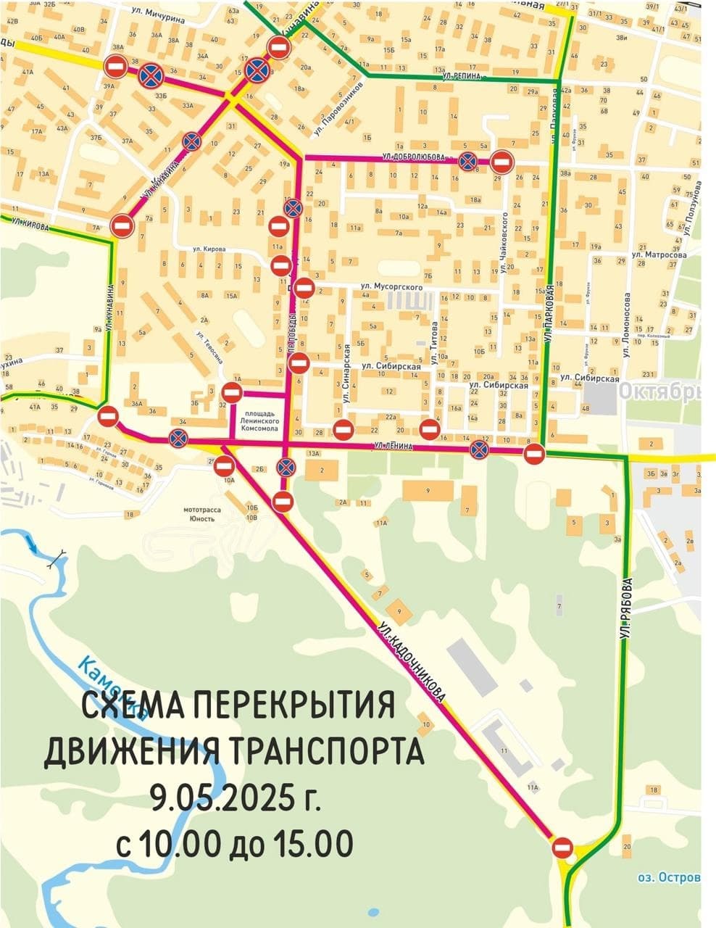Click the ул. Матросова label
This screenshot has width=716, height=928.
(659, 255)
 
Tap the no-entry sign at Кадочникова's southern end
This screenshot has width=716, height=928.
(562, 847)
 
